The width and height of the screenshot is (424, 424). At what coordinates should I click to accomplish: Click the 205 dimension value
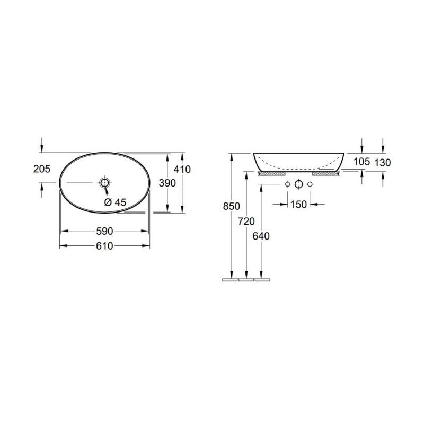pos(42,169)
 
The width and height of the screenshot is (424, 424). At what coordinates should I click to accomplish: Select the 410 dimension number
pos(182,169)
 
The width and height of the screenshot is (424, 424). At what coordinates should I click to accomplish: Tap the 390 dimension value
pos(167,183)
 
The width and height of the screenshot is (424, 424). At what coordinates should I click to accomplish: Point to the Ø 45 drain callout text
pos(115,202)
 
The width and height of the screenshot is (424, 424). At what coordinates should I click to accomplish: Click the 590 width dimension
pos(104,231)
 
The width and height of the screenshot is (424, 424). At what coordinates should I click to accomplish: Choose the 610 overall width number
pos(104,246)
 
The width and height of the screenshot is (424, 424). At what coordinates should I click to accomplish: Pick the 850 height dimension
pos(232,206)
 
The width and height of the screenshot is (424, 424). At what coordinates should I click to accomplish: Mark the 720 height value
pos(246,222)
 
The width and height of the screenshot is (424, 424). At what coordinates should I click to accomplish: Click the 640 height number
pos(261,236)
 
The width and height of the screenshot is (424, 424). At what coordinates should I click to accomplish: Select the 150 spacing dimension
pos(298,205)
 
